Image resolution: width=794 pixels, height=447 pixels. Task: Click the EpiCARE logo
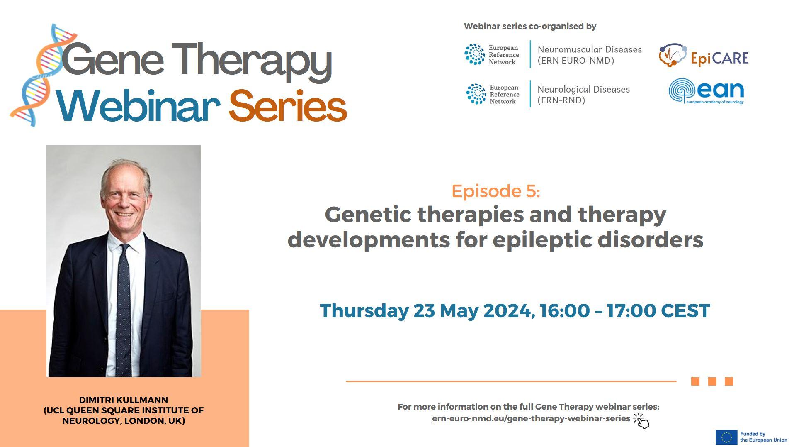[x=704, y=55]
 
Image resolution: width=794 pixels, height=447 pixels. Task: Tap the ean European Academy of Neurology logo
[x=706, y=91]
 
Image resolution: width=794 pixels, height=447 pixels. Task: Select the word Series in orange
[x=287, y=106]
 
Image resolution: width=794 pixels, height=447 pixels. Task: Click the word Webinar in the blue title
[x=138, y=106]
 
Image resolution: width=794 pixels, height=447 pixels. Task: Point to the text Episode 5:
[x=495, y=191]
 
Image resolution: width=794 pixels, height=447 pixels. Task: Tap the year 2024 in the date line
[x=507, y=310]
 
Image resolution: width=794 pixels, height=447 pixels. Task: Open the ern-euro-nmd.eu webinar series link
[x=531, y=418]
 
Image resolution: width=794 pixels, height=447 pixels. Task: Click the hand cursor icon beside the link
[x=641, y=420]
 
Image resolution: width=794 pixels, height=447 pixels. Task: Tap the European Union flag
[x=726, y=437]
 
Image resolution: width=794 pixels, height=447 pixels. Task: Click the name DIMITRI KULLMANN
[x=124, y=400]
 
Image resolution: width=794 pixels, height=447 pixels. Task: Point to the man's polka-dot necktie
[x=123, y=309]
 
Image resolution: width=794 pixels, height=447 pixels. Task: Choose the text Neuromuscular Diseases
[x=590, y=49]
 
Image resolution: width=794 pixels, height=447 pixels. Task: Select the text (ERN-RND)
[x=561, y=100]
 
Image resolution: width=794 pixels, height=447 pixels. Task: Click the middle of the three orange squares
[x=712, y=381]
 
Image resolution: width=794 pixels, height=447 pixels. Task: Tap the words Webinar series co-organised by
[x=530, y=26]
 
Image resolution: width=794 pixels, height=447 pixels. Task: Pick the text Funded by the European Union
[x=763, y=437]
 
